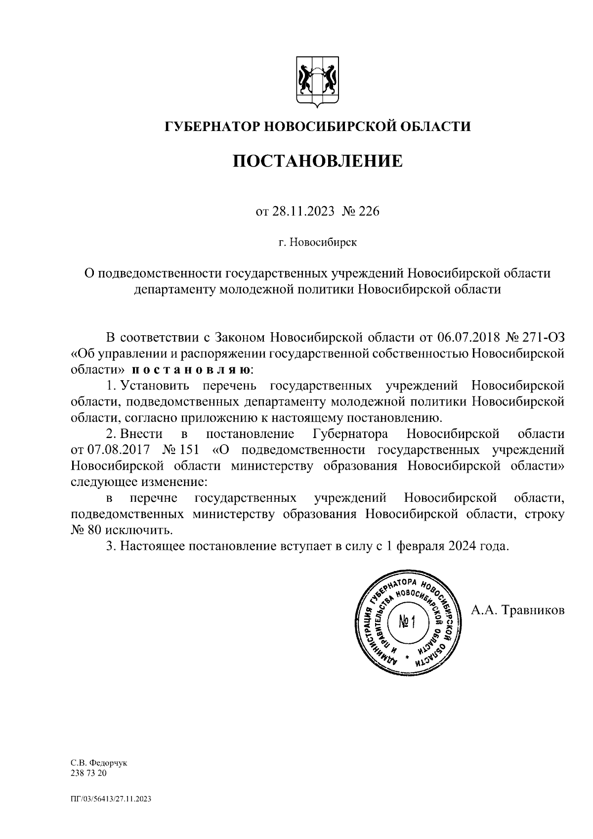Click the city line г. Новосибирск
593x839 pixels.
(x=317, y=243)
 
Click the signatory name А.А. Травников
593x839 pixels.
(x=517, y=611)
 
